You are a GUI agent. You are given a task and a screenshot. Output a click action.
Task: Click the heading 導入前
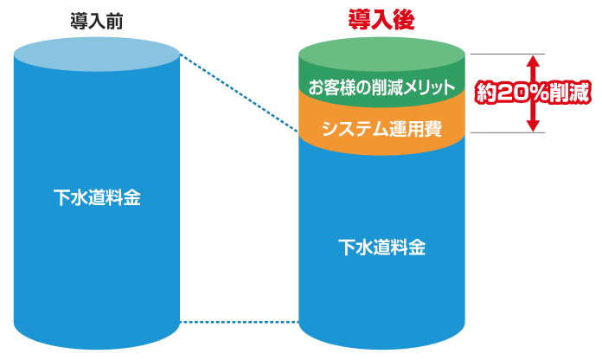pyautogui.click(x=96, y=20)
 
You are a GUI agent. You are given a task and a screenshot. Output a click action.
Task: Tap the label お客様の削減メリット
pyautogui.click(x=381, y=87)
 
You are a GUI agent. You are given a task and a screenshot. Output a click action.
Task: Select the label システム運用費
pyautogui.click(x=381, y=130)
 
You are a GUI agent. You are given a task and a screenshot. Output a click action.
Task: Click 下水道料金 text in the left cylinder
pyautogui.click(x=96, y=197)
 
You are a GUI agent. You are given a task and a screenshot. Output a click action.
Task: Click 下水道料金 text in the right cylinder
pyautogui.click(x=381, y=247)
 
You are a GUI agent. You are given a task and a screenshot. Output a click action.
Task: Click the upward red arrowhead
pyautogui.click(x=534, y=61)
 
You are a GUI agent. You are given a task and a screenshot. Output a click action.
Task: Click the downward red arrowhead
pyautogui.click(x=534, y=125)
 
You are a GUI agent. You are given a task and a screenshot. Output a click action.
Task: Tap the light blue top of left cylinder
pyautogui.click(x=96, y=55)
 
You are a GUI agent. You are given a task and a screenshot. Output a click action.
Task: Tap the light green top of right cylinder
pyautogui.click(x=381, y=52)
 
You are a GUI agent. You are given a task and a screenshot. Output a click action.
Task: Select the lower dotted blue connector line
pyautogui.click(x=238, y=322)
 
